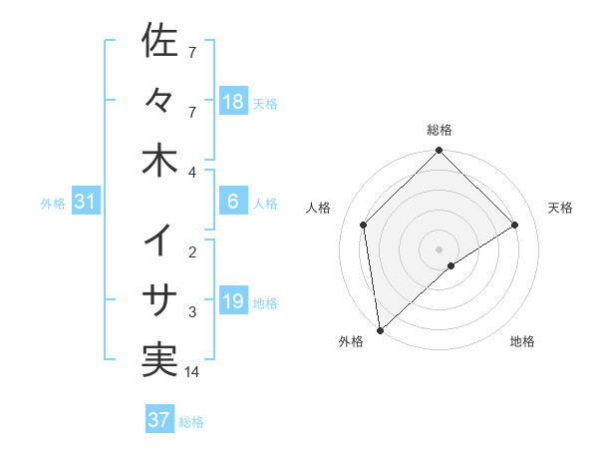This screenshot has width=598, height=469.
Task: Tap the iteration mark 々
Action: [x=159, y=100]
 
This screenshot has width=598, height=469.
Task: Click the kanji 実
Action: [x=159, y=360]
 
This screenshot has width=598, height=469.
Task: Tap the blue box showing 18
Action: [x=232, y=102]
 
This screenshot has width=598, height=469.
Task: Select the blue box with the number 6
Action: [x=232, y=202]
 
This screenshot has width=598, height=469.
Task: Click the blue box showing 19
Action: [x=232, y=301]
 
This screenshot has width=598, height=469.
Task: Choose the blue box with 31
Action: [x=86, y=202]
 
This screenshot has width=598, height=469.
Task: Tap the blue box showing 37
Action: [x=158, y=420]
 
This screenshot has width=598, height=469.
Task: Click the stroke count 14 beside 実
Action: [x=192, y=372]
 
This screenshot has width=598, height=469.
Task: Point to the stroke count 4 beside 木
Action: [x=192, y=173]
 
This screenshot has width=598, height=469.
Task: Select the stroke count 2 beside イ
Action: [x=192, y=252]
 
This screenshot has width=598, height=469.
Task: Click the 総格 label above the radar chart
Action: [x=440, y=130]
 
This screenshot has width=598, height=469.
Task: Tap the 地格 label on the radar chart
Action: [x=522, y=341]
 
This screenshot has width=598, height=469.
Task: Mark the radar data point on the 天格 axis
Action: [x=515, y=225]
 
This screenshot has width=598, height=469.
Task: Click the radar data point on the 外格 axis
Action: [x=380, y=329]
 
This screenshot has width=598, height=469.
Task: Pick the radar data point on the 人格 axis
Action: [x=364, y=225]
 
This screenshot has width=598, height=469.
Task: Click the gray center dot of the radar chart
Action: [x=440, y=248]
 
